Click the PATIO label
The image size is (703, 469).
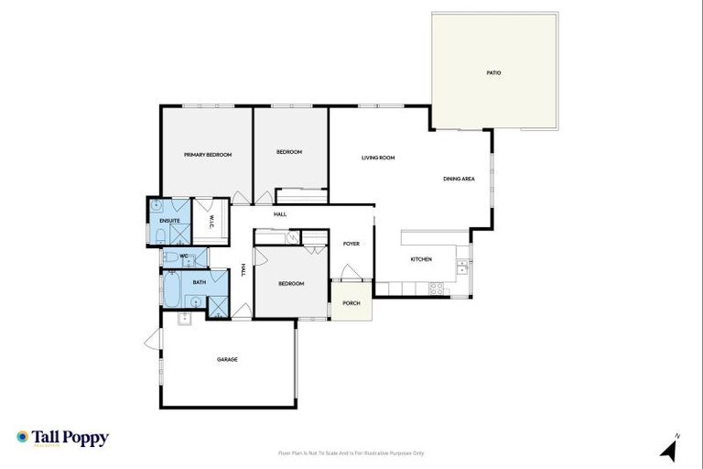494,72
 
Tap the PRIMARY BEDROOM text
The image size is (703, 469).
207,155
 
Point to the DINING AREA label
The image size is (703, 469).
459,179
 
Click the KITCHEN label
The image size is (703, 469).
421,259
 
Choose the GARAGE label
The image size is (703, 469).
227,359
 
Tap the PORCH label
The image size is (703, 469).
351,303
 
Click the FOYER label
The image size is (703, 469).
351,244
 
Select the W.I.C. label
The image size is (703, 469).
211,220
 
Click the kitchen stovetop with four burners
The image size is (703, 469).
438,289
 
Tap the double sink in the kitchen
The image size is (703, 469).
463,267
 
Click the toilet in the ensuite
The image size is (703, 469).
159,236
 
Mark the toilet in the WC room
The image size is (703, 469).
170,259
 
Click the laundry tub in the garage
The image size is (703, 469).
184,319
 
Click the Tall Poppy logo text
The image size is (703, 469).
70,438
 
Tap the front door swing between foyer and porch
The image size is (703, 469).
347,271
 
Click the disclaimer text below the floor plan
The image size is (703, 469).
351,453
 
